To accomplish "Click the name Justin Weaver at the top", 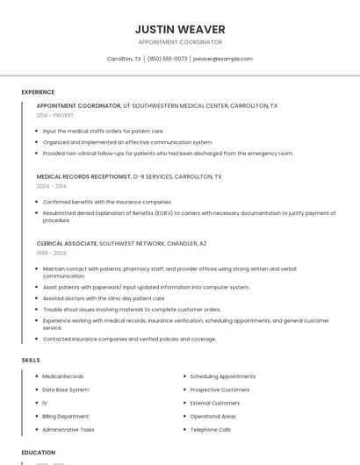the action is coord(180,29).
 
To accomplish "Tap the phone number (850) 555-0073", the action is coord(167,59).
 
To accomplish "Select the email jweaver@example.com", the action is coord(223,59).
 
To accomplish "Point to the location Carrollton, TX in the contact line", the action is coord(124,59).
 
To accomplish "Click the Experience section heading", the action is coord(38,92).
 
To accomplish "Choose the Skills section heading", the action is coord(31,360).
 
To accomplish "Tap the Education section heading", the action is coord(39,453).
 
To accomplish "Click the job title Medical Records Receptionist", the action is coord(83,176).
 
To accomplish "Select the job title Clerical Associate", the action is coord(67,243).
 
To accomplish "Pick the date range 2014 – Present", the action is coord(55,115).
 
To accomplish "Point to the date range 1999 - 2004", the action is coord(52,253).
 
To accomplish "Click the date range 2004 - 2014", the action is coord(52,186).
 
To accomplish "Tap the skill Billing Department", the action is coord(66,417).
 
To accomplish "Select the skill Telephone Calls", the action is coord(211,430).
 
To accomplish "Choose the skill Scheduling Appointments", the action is coord(223,376).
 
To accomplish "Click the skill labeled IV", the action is coord(45,404).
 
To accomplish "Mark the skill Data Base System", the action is coord(66,390).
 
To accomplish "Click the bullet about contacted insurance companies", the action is coord(129,339).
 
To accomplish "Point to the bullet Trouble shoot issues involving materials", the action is coord(132,309).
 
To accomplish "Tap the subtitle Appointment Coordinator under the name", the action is coord(180,42).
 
